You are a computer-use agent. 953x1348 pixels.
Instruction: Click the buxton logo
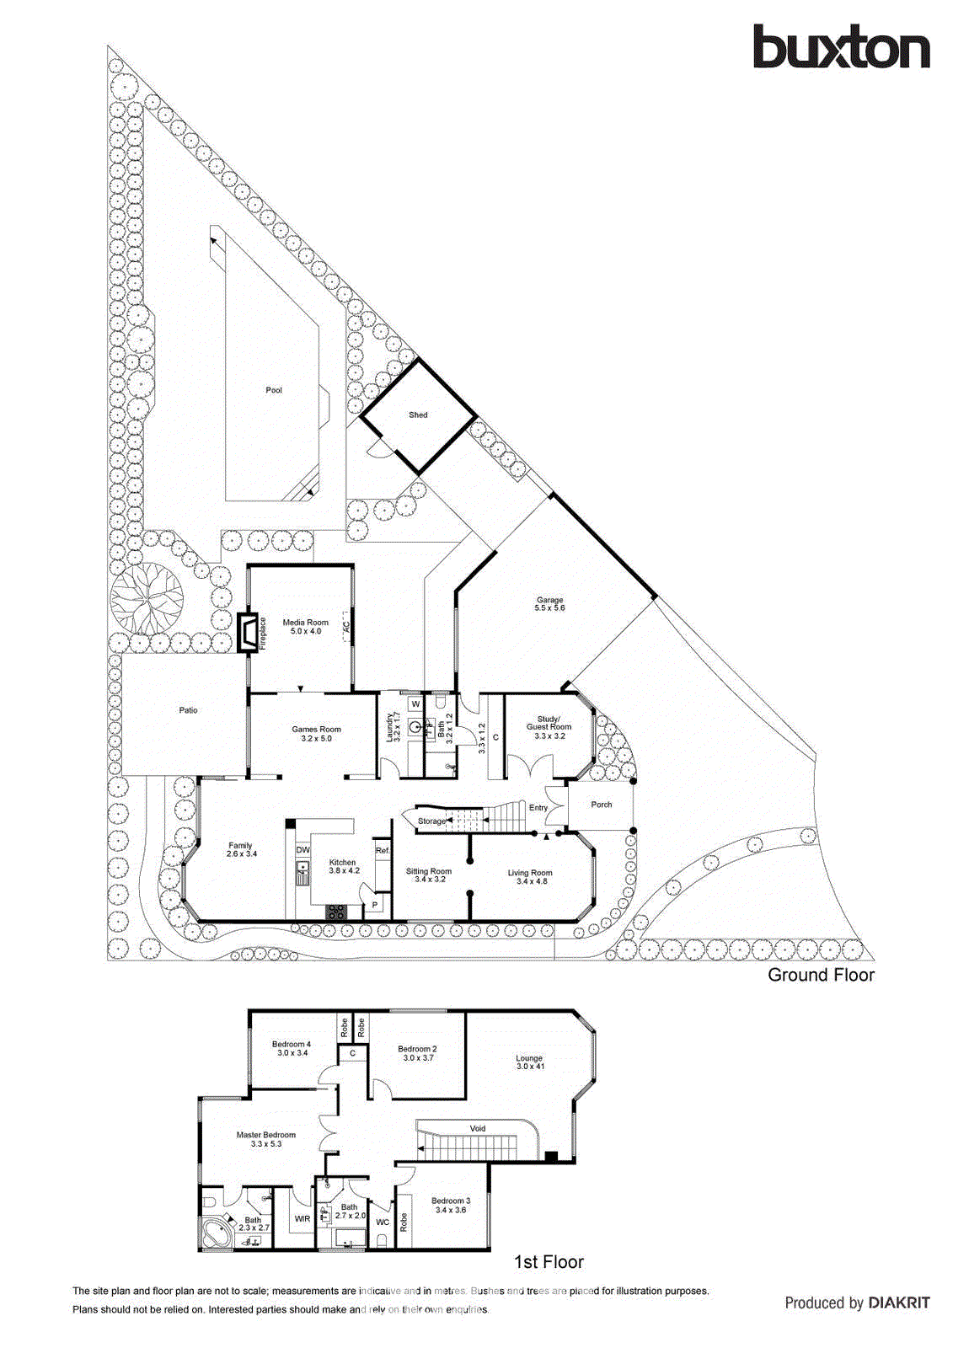pyautogui.click(x=841, y=48)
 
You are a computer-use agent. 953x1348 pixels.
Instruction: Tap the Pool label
pyautogui.click(x=274, y=390)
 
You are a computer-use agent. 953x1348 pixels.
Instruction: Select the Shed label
pyautogui.click(x=418, y=415)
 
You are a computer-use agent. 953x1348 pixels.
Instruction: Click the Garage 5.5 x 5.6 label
pyautogui.click(x=549, y=604)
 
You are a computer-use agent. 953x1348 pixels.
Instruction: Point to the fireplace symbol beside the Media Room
pyautogui.click(x=248, y=633)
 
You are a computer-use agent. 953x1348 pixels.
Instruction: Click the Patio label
pyautogui.click(x=188, y=710)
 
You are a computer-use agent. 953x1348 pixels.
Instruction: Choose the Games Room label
pyautogui.click(x=316, y=734)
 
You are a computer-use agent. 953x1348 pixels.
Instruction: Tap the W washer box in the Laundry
pyautogui.click(x=415, y=703)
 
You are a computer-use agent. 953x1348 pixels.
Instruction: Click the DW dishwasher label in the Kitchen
pyautogui.click(x=302, y=850)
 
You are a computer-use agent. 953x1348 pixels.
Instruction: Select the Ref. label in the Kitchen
pyautogui.click(x=383, y=851)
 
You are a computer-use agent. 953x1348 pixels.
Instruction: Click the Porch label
pyautogui.click(x=601, y=805)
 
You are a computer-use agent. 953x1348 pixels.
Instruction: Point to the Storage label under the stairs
pyautogui.click(x=431, y=821)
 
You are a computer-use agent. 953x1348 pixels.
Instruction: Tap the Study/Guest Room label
pyautogui.click(x=549, y=727)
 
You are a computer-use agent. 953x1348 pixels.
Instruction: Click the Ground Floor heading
pyautogui.click(x=821, y=975)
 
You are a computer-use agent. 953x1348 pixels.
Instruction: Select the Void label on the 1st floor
pyautogui.click(x=478, y=1128)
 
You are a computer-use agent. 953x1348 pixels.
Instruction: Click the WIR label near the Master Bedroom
pyautogui.click(x=302, y=1218)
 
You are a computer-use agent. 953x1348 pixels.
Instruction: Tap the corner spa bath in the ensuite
pyautogui.click(x=218, y=1234)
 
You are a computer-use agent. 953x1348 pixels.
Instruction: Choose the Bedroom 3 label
pyautogui.click(x=451, y=1205)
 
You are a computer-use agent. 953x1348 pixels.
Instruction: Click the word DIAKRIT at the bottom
pyautogui.click(x=899, y=1303)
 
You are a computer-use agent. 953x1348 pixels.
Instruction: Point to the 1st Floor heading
pyautogui.click(x=549, y=1262)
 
